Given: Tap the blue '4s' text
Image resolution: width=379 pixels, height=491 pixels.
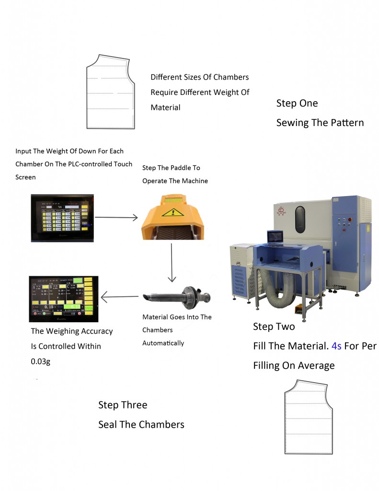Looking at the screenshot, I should point(336,346).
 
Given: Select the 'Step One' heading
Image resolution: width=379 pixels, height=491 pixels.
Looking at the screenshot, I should point(297,103).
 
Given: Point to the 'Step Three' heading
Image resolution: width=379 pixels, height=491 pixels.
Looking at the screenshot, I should point(123,405).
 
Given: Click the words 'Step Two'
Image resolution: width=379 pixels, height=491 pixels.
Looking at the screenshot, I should point(274,327).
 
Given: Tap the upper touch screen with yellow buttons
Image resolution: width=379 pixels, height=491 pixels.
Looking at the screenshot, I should point(62,217).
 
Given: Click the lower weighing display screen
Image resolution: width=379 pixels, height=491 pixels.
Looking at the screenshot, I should point(63,298).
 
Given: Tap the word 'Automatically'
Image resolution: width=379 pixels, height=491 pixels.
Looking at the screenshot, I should point(163,343).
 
